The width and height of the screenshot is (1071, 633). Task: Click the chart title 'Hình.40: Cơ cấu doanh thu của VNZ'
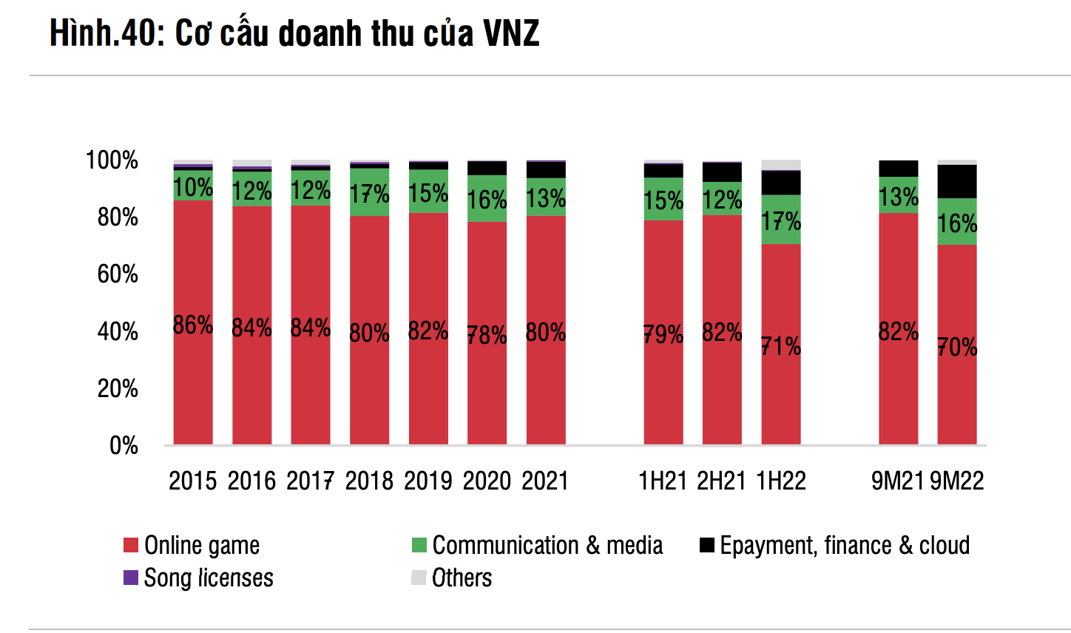pyautogui.click(x=294, y=34)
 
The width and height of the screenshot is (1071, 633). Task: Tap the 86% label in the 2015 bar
pyautogui.click(x=193, y=325)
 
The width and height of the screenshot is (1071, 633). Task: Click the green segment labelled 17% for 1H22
pyautogui.click(x=781, y=220)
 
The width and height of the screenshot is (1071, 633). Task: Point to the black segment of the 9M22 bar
pyautogui.click(x=957, y=181)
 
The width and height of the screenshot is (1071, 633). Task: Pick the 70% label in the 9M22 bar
pyautogui.click(x=957, y=346)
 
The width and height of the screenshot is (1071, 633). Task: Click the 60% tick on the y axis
pyautogui.click(x=118, y=274)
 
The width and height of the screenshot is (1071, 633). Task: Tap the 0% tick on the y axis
pyautogui.click(x=124, y=446)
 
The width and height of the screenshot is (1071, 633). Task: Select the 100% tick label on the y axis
pyautogui.click(x=112, y=160)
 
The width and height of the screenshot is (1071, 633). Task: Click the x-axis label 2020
pyautogui.click(x=487, y=481)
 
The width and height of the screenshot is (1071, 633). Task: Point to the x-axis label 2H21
pyautogui.click(x=721, y=481)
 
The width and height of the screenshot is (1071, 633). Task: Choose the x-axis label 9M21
pyautogui.click(x=897, y=481)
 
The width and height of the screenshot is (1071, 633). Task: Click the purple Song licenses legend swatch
pyautogui.click(x=131, y=578)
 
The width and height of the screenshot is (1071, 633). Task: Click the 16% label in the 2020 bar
pyautogui.click(x=487, y=200)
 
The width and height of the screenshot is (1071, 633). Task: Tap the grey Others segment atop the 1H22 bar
pyautogui.click(x=781, y=164)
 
